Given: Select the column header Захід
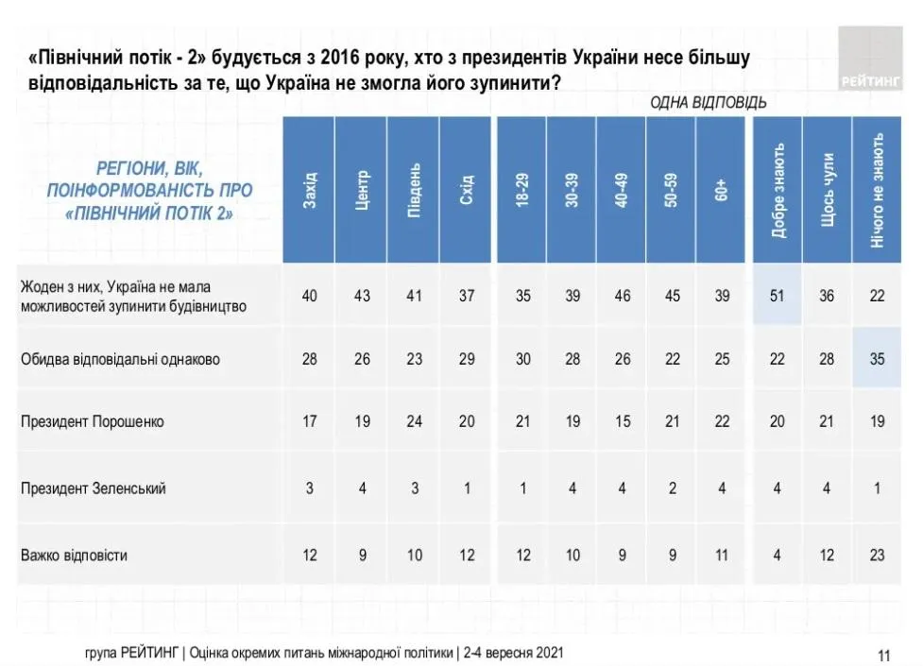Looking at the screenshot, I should pyautogui.click(x=310, y=190).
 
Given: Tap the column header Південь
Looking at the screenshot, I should pyautogui.click(x=414, y=190).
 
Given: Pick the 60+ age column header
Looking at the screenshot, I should pyautogui.click(x=722, y=190).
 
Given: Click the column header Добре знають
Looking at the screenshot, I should pyautogui.click(x=778, y=190).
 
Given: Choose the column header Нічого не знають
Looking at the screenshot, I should pyautogui.click(x=878, y=190).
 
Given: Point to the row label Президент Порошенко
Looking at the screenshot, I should pyautogui.click(x=92, y=421).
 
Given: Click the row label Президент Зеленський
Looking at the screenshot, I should pyautogui.click(x=94, y=488).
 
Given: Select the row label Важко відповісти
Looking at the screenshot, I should pyautogui.click(x=74, y=555).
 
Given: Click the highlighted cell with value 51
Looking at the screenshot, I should pyautogui.click(x=777, y=296).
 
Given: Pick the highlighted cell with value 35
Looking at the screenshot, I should pyautogui.click(x=878, y=359).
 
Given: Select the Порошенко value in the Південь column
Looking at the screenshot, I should pyautogui.click(x=414, y=421).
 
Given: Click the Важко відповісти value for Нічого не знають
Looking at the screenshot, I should pyautogui.click(x=878, y=555).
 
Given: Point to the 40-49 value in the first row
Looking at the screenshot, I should pyautogui.click(x=621, y=296).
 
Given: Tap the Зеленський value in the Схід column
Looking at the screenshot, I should pyautogui.click(x=466, y=488).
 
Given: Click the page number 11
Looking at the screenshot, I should pyautogui.click(x=884, y=655).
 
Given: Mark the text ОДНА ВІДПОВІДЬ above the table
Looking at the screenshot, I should pyautogui.click(x=708, y=102).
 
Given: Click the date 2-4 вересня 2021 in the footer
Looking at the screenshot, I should pyautogui.click(x=515, y=653).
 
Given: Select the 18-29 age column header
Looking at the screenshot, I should pyautogui.click(x=521, y=190).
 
